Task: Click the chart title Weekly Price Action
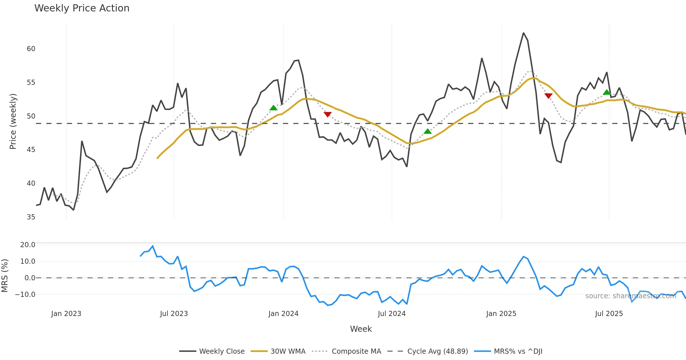coord(82,8)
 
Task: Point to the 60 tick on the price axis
coord(31,49)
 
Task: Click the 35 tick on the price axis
coord(31,217)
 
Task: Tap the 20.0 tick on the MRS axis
coord(28,245)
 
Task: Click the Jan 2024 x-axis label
coord(283,314)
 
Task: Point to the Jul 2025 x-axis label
coord(609,314)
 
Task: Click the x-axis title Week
coord(361,329)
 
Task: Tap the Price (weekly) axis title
coord(13,121)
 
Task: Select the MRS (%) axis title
coord(5,276)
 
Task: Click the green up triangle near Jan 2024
coord(274,108)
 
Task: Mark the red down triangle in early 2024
coord(328,114)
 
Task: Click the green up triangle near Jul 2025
coord(607,92)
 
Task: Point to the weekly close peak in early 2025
coord(523,33)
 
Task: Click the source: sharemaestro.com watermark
coord(631,296)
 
